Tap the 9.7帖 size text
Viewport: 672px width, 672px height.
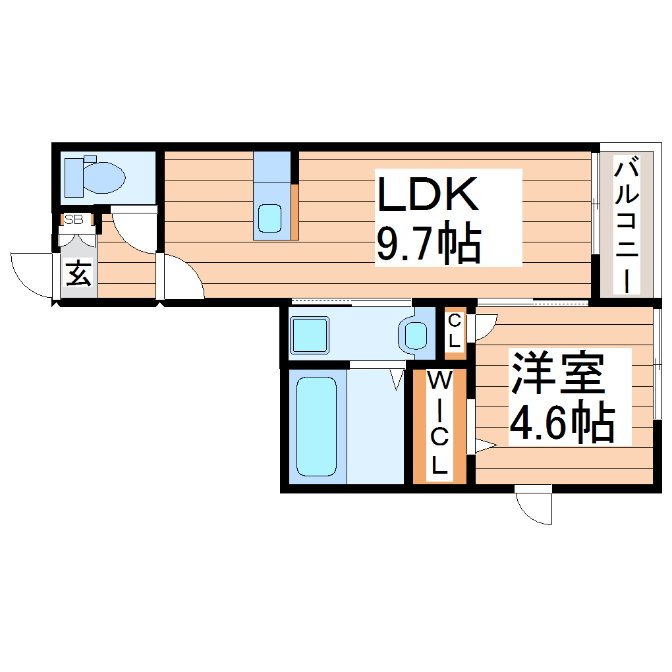pyautogui.click(x=428, y=244)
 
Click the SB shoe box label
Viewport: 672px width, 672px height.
pyautogui.click(x=74, y=220)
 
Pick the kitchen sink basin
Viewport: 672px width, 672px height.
pyautogui.click(x=269, y=218)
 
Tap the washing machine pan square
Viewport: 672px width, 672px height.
pyautogui.click(x=310, y=335)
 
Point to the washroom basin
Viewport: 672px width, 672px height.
pyautogui.click(x=416, y=335)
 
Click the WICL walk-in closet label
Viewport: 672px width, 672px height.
pyautogui.click(x=439, y=424)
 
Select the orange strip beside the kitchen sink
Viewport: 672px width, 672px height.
pyautogui.click(x=295, y=211)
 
